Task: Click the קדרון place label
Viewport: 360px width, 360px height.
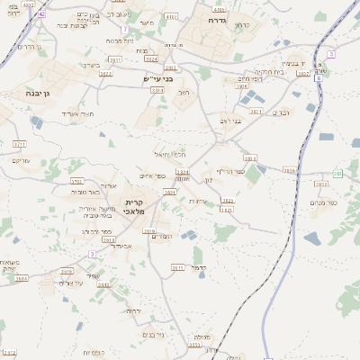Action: coord(241,25)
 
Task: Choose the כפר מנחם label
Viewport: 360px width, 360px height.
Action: coord(327,203)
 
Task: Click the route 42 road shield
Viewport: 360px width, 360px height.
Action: coord(42,15)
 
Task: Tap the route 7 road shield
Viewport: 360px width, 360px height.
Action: coord(124,30)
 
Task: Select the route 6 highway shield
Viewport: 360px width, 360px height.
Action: coord(319,78)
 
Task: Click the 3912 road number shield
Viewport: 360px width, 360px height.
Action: coord(108,265)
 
